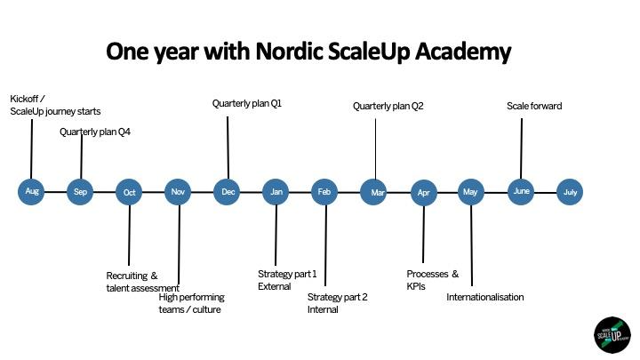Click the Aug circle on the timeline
coord(31,191)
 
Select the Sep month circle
coord(80,192)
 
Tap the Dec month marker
coord(227,192)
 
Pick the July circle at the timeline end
coord(570,192)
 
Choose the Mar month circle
coord(373,192)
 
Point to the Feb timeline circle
coord(324,192)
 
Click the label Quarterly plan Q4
coord(95,132)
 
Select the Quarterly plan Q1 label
coord(247,104)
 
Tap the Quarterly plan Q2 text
coord(388,106)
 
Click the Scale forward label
coord(534,106)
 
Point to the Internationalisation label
coord(485,297)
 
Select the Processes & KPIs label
coord(433,280)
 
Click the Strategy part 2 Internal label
coord(338,303)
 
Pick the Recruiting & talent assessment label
coord(143,282)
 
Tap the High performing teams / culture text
coord(192,303)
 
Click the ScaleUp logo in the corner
coord(612,335)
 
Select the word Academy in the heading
coord(463,52)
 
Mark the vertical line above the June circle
coord(521,148)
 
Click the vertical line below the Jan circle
coord(276,235)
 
